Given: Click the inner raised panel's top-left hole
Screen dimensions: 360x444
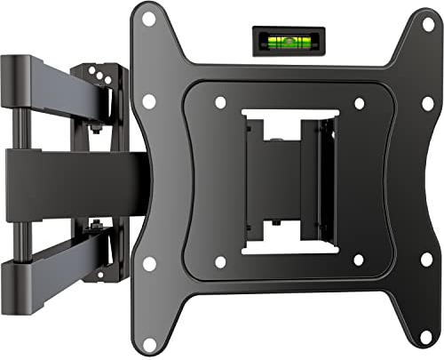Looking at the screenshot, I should [x=220, y=102].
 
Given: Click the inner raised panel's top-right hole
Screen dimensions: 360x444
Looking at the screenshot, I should [x=360, y=102].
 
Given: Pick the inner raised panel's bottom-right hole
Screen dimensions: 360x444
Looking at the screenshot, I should [x=360, y=260].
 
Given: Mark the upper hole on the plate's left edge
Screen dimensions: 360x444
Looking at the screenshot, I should [x=148, y=100].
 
